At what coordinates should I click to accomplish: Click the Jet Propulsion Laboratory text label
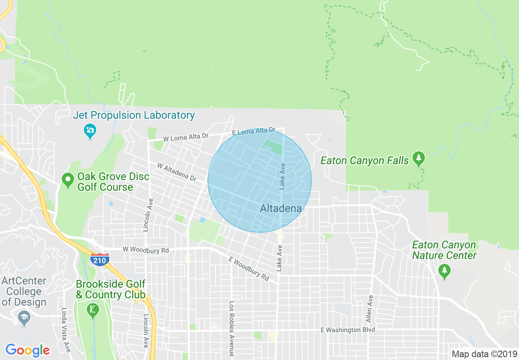[133, 115]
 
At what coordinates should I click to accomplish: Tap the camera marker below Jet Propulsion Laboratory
[90, 131]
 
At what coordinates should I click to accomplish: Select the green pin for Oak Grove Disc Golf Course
[67, 180]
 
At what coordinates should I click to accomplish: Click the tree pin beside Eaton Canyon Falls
[418, 158]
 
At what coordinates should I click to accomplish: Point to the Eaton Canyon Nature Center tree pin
[444, 270]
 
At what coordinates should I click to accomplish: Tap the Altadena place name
[281, 208]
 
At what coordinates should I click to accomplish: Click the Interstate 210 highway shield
[100, 259]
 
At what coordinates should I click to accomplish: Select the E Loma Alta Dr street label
[254, 131]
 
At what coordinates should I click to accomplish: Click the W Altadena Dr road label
[177, 172]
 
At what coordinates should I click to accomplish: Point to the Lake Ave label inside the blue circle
[282, 176]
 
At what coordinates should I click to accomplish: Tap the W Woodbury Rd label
[146, 250]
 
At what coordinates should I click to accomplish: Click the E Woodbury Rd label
[249, 268]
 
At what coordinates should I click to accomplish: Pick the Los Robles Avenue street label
[232, 328]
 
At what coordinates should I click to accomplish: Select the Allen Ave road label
[370, 308]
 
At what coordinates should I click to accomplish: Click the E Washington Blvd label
[348, 330]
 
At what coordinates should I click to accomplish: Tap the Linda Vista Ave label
[65, 329]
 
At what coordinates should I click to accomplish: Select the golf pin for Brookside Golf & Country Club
[93, 310]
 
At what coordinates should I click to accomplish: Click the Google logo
[27, 350]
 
